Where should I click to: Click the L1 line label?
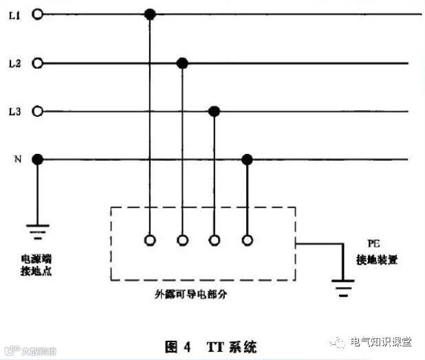pos(14,14)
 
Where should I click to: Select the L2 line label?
pos(14,63)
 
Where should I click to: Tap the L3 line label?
pos(14,111)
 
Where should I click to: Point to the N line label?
pos(16,159)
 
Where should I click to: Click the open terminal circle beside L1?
pos(38,14)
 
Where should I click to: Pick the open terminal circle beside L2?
pos(38,63)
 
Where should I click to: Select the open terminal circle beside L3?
pos(38,111)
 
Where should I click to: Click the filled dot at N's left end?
pos(38,159)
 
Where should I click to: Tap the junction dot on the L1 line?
pos(149,14)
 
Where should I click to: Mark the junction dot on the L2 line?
pos(182,63)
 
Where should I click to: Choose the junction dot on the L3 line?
pos(214,111)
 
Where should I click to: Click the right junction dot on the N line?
pos(247,159)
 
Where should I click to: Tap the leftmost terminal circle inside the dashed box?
pos(149,240)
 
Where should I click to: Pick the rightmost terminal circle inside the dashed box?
pos(247,240)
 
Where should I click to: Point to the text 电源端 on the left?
pos(36,258)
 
